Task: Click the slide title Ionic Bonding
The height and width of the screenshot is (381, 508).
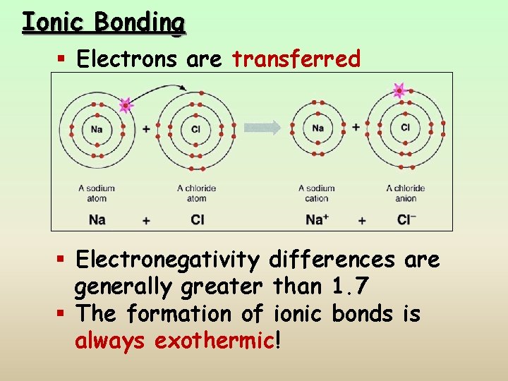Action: (103, 23)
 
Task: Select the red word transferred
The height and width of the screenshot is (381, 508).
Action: (296, 59)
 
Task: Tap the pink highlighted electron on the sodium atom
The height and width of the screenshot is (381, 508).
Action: (126, 106)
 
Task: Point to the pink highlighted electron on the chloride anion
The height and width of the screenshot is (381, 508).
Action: (399, 90)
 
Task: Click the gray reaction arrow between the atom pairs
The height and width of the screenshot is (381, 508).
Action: (262, 128)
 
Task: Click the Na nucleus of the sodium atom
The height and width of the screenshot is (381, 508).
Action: (97, 129)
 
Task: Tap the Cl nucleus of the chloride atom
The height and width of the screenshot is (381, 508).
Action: (196, 129)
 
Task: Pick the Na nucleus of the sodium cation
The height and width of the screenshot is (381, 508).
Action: (317, 128)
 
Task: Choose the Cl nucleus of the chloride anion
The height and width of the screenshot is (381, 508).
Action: (405, 128)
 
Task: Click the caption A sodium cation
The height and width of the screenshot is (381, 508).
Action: (317, 193)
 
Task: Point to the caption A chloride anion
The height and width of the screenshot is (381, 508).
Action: (405, 193)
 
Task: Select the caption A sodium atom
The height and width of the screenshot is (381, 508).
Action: (97, 193)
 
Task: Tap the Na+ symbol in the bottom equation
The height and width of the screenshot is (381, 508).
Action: (317, 219)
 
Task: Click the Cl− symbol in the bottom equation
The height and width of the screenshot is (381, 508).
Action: (406, 219)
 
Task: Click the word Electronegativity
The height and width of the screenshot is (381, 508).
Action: (168, 260)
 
